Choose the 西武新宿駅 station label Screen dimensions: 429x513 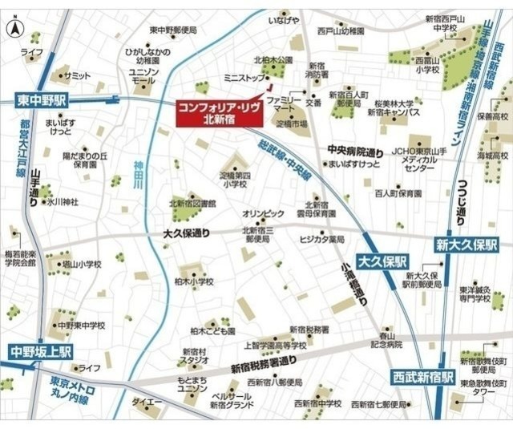423,376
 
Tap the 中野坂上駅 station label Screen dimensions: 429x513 41,351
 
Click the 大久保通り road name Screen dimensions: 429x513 186,235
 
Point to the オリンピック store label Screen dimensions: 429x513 263,213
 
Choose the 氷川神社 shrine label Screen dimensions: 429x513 61,201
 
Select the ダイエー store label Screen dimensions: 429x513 147,401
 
